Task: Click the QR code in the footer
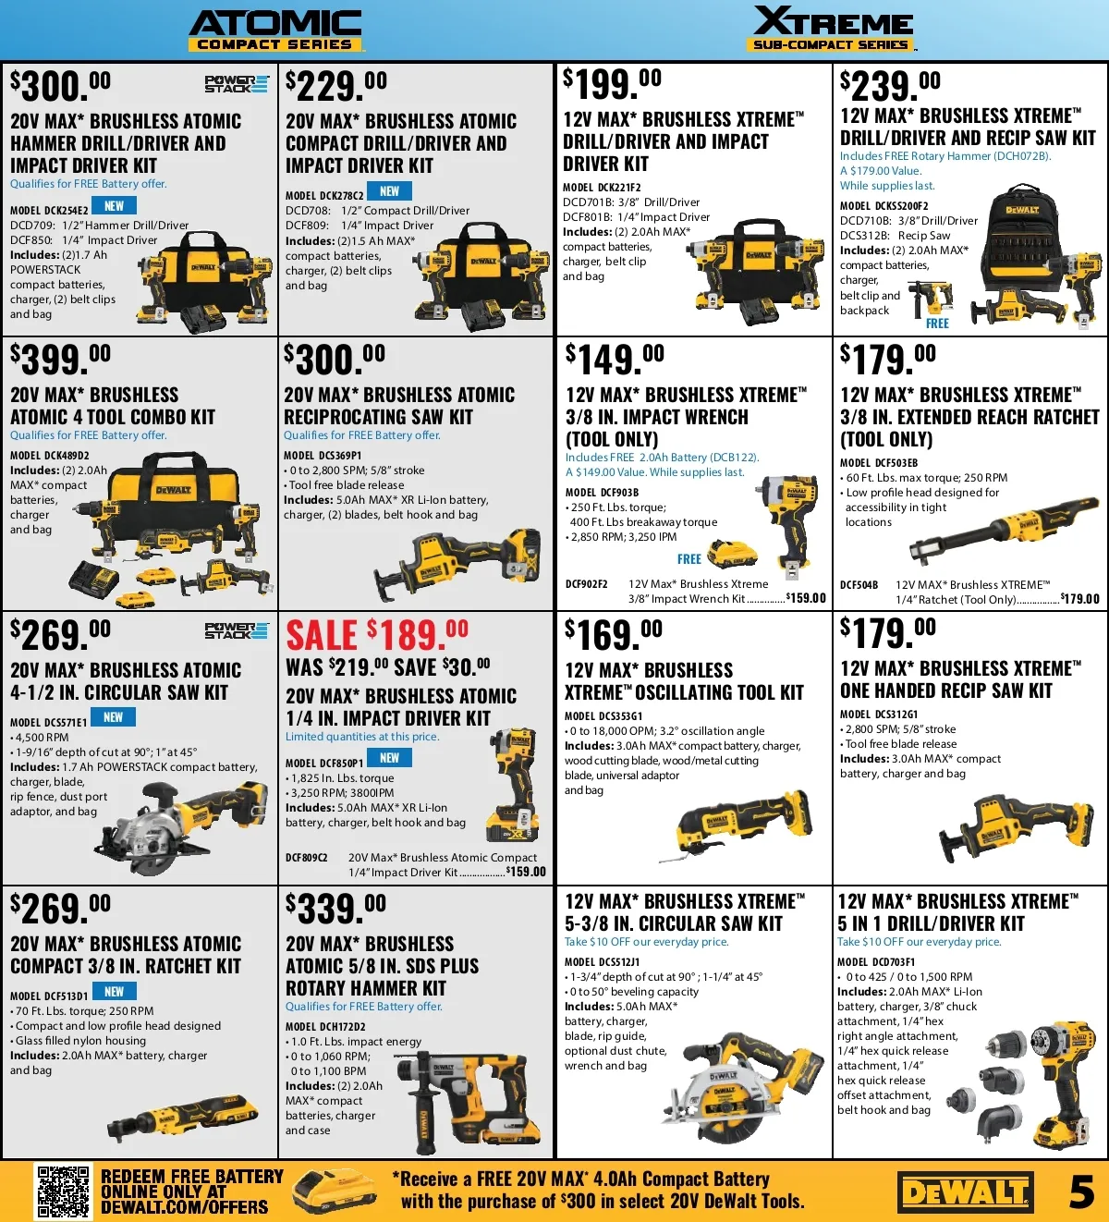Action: (x=63, y=1191)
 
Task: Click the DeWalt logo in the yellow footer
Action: (x=965, y=1192)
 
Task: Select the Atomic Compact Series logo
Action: (x=275, y=30)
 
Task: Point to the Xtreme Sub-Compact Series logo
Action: (x=833, y=28)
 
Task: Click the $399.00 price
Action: (x=60, y=359)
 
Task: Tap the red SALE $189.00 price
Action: (x=377, y=634)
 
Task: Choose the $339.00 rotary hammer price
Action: (x=335, y=909)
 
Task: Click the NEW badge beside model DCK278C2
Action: (x=389, y=191)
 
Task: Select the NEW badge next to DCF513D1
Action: (x=114, y=992)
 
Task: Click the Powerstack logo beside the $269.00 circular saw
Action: (x=237, y=630)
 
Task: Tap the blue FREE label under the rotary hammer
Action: (x=937, y=324)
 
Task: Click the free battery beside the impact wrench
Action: (x=732, y=553)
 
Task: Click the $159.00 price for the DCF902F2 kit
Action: (x=806, y=598)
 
